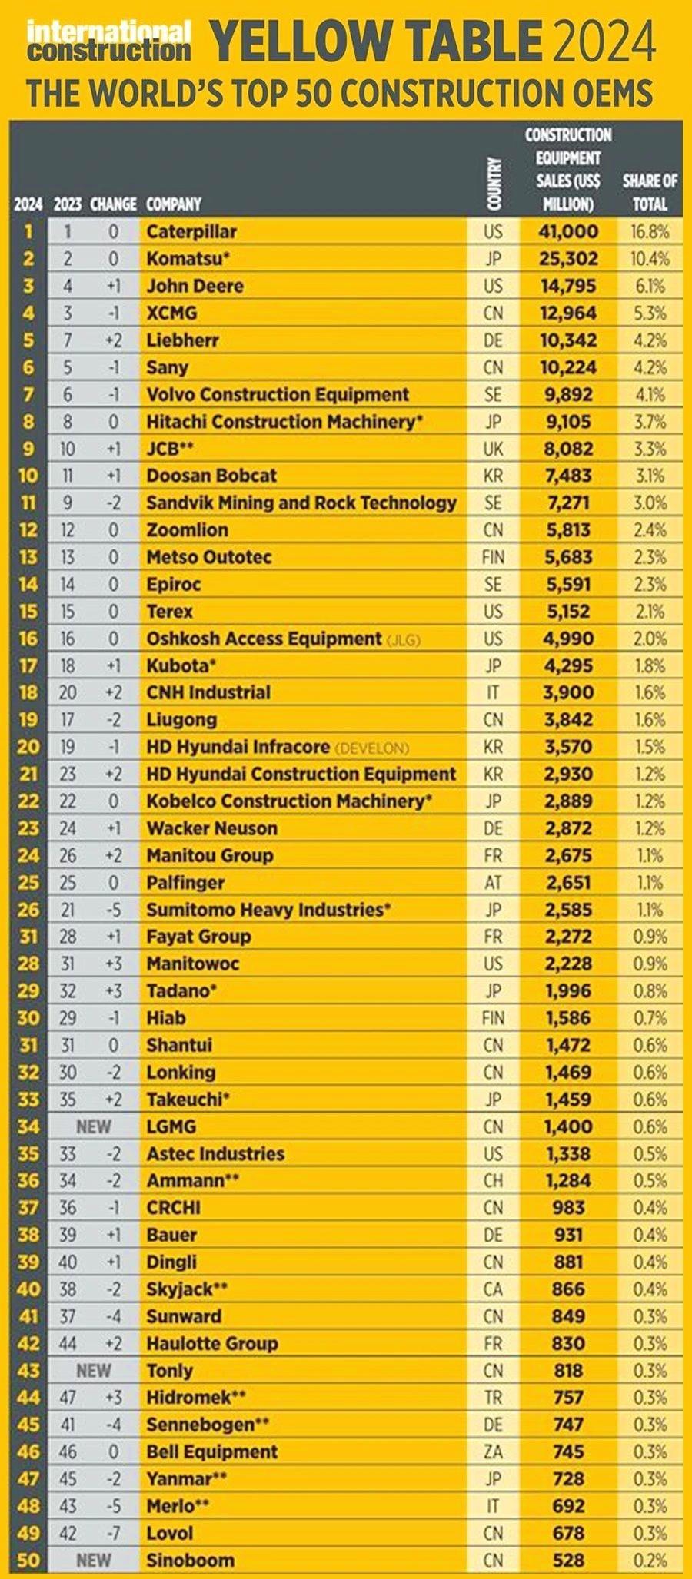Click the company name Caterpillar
point(191,231)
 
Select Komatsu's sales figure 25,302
point(568,258)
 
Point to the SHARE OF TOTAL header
point(650,192)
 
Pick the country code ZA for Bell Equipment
point(493,1451)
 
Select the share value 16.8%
point(650,231)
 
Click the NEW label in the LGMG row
point(93,1126)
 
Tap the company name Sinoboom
point(191,1560)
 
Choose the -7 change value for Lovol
point(114,1533)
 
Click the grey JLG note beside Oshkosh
point(404,639)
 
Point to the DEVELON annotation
point(372,748)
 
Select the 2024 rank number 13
point(28,557)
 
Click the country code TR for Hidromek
point(493,1397)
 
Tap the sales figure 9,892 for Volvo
point(568,394)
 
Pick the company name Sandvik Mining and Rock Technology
point(301,503)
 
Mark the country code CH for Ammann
point(493,1180)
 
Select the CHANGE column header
point(113,204)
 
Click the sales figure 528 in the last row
point(568,1560)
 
